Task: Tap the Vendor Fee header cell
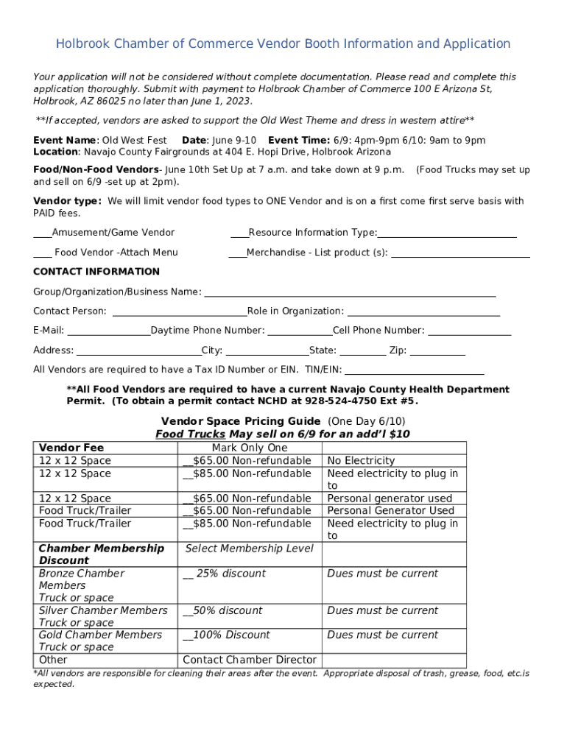point(71,448)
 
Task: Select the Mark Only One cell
point(250,448)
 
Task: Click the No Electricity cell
point(361,461)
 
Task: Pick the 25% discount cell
point(225,574)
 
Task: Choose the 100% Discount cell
point(227,635)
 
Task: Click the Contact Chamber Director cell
point(250,660)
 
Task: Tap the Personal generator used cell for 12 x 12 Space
point(390,498)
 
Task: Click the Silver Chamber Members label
point(103,610)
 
